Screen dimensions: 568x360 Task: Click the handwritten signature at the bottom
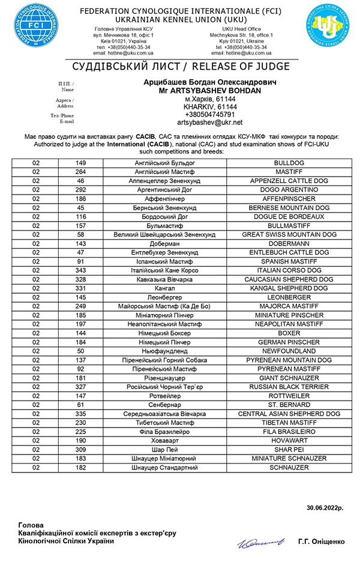[257, 542]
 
